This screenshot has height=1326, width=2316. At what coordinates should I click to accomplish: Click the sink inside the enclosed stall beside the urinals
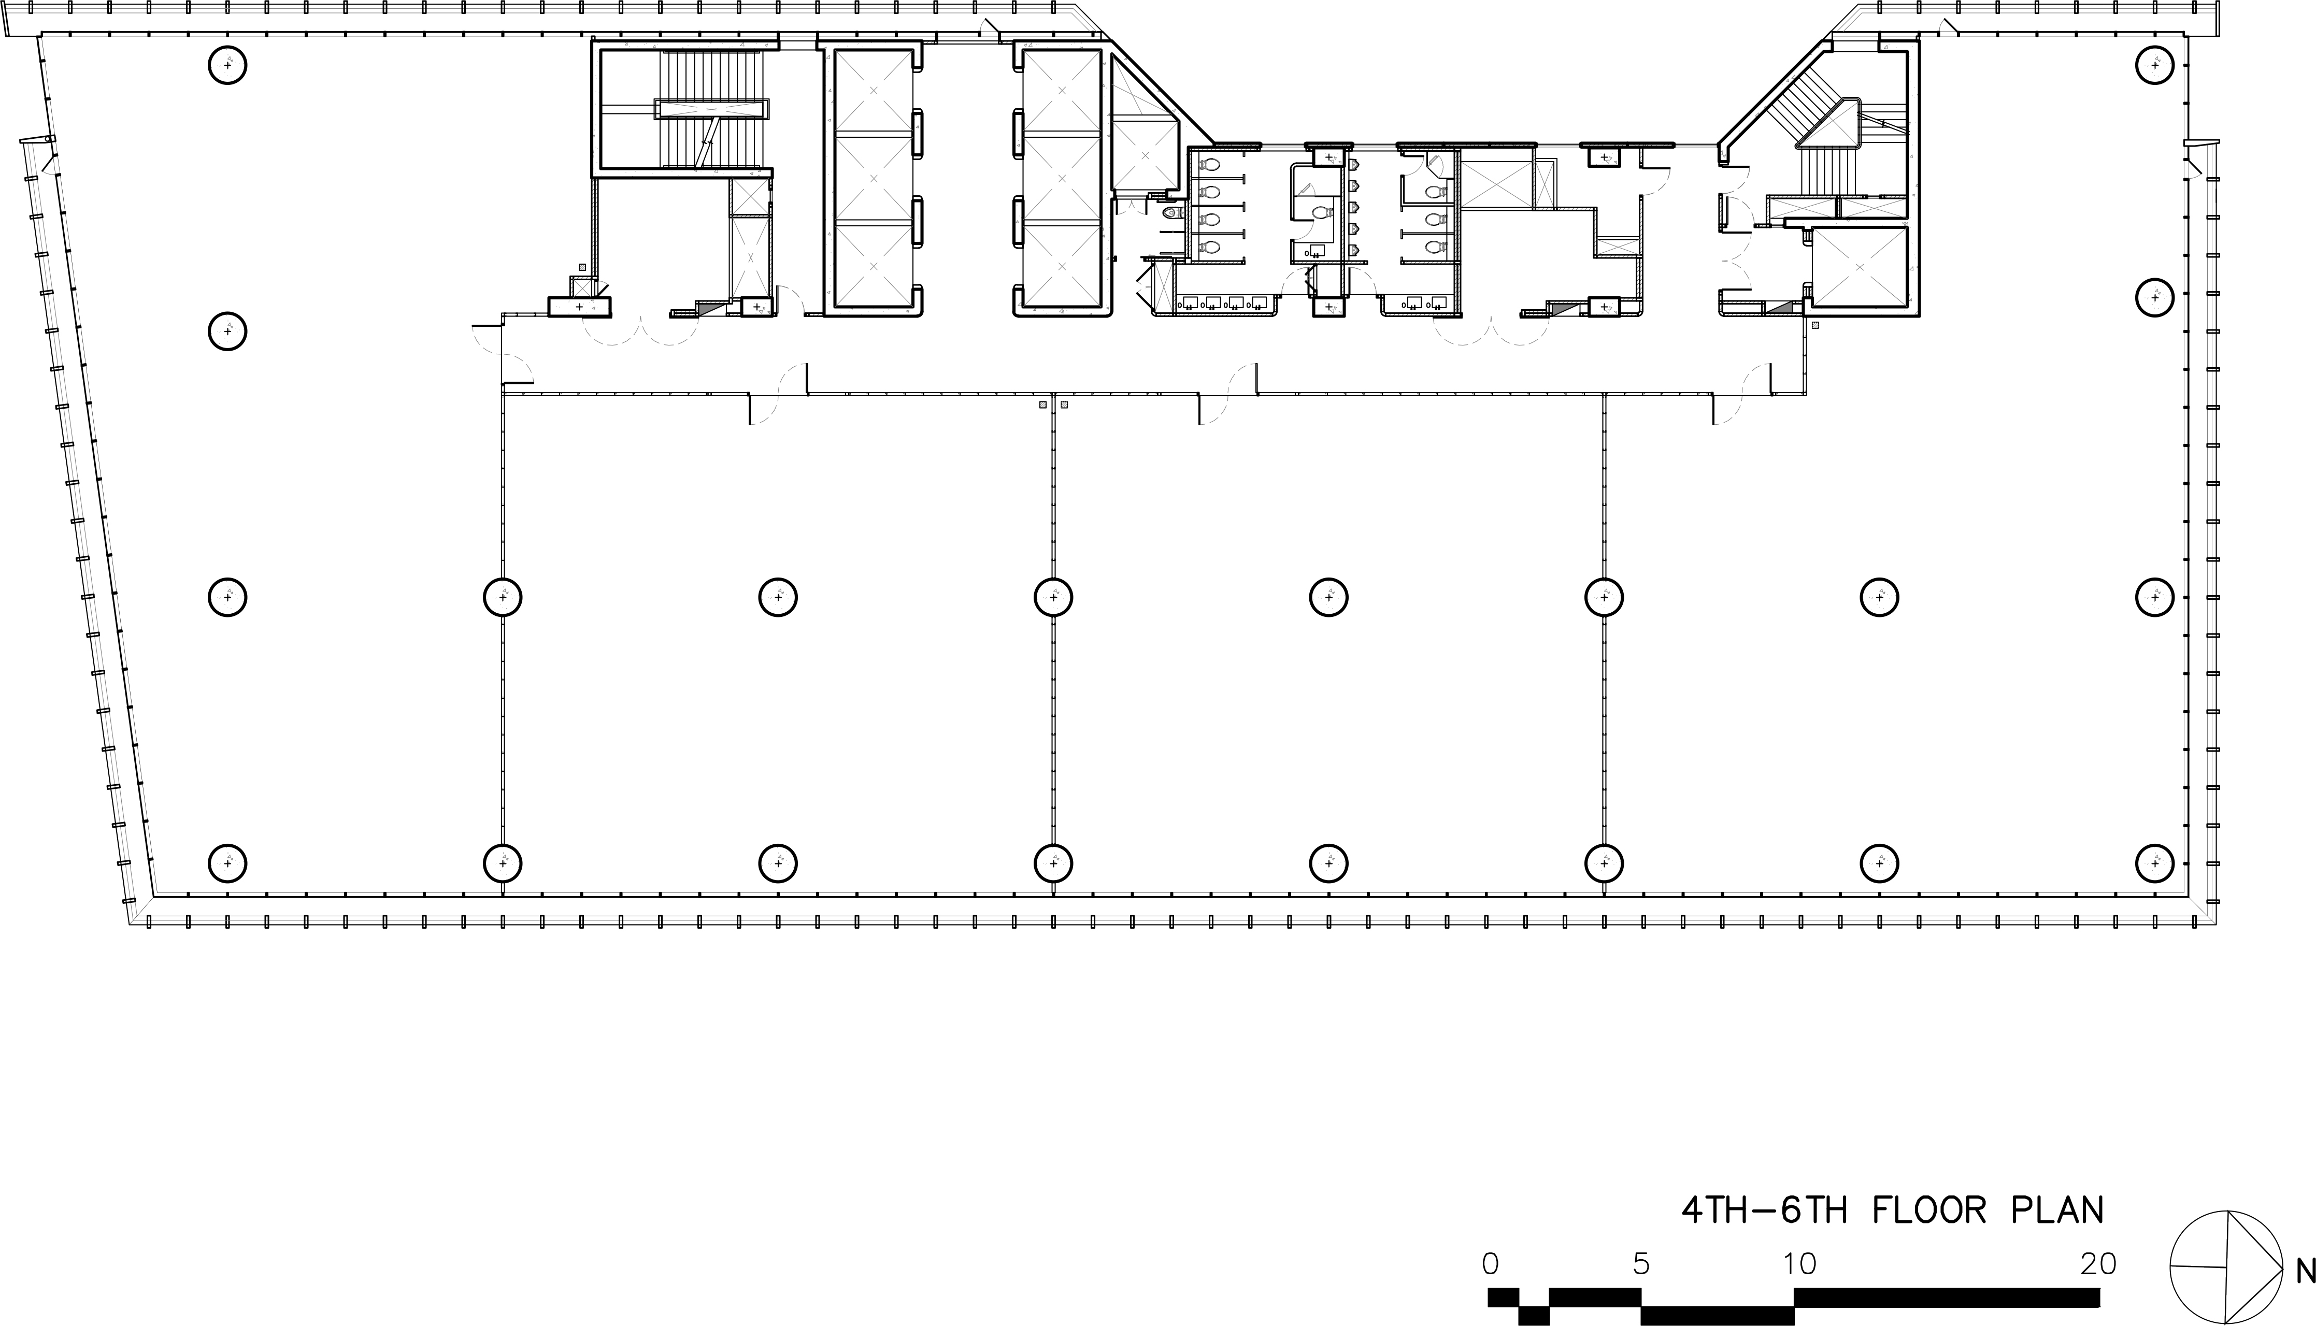(1310, 251)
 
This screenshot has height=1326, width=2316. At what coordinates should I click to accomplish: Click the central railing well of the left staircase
(710, 109)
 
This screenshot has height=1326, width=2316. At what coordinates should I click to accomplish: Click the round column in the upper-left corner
(227, 66)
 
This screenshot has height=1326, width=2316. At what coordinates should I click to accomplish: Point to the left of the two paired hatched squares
(1043, 405)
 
